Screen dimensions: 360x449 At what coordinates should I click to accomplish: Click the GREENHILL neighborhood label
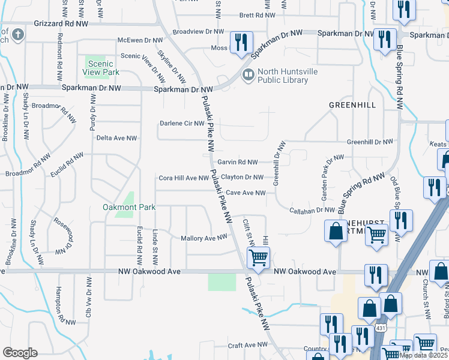tap(352, 105)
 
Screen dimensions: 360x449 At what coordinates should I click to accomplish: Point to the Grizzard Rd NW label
tap(61, 23)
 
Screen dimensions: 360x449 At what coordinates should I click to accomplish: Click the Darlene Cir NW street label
tap(182, 124)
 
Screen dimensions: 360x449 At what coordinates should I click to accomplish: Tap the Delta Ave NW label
tap(116, 138)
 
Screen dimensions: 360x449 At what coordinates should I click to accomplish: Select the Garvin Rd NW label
tap(237, 162)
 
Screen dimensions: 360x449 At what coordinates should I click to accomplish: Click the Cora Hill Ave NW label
tap(183, 178)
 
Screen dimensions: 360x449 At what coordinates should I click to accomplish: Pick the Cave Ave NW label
tap(246, 193)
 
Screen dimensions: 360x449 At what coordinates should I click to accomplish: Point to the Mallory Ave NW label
tap(204, 238)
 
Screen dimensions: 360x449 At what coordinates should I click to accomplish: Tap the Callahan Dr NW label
tap(312, 210)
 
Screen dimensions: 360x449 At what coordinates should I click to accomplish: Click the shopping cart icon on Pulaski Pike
tap(258, 258)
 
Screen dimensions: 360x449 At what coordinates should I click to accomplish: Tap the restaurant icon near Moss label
tap(241, 42)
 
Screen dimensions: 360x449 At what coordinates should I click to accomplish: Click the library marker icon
tap(247, 75)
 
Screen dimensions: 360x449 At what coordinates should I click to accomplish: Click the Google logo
tap(20, 353)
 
